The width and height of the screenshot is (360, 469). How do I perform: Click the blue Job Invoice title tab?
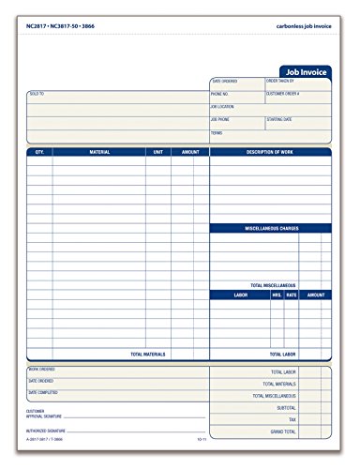307,70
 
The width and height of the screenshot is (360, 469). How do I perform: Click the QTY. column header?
39,151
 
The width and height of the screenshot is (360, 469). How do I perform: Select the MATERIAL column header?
99,151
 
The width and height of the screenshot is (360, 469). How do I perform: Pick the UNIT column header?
157,151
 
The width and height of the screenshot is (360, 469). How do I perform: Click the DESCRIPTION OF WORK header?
270,151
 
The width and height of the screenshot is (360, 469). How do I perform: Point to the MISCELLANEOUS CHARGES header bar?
270,227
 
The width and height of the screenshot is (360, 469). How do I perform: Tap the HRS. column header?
277,295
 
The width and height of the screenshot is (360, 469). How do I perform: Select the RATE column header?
291,295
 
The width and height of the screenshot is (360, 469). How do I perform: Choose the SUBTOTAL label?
287,407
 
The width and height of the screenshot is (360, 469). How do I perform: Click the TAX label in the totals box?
292,419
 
